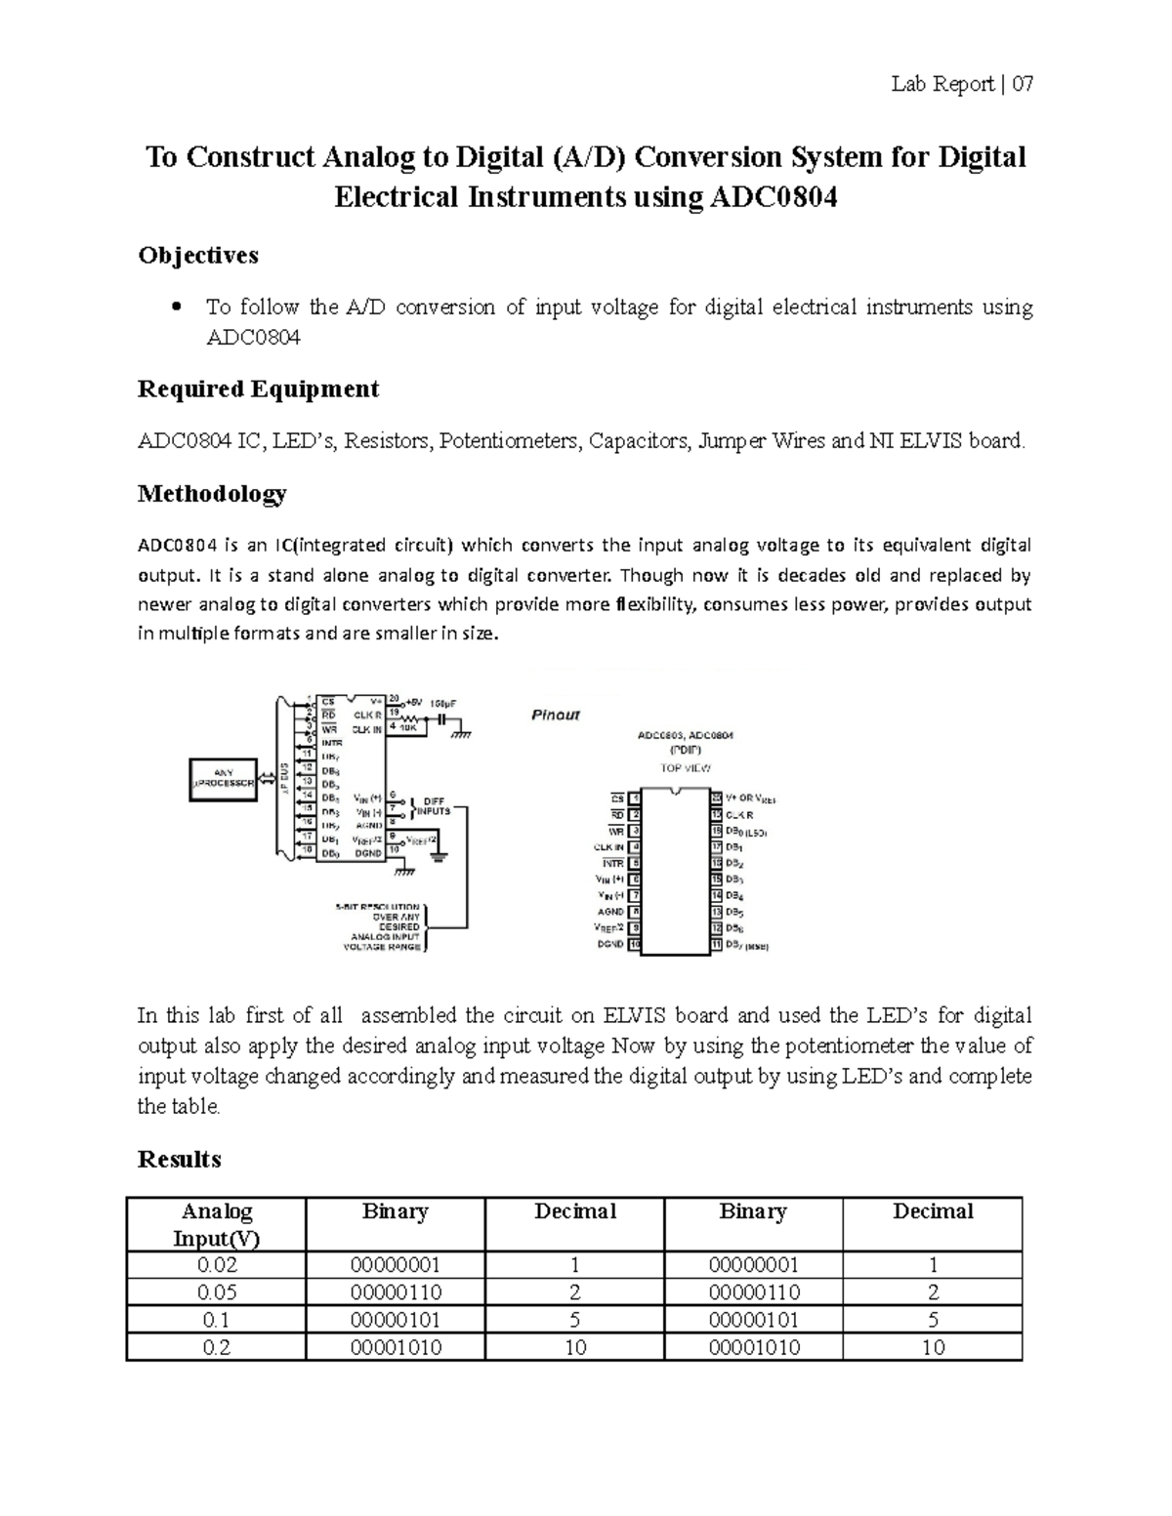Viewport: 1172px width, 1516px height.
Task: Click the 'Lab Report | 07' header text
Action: coord(961,85)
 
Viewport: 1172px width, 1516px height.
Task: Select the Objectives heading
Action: coord(198,256)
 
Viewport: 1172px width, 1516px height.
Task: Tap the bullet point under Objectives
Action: coord(176,307)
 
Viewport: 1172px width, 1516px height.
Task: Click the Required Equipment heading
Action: coord(258,389)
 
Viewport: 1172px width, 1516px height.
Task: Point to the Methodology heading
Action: coord(212,494)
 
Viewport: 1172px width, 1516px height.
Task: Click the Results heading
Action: coord(180,1160)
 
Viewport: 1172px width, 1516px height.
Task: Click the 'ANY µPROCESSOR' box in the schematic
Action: coord(224,778)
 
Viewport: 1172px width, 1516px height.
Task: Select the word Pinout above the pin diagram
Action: coord(556,716)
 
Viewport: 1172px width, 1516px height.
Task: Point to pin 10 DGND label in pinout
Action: coord(610,944)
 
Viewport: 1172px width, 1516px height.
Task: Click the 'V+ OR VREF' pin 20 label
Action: coord(750,799)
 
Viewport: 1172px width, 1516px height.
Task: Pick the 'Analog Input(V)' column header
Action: coord(217,1224)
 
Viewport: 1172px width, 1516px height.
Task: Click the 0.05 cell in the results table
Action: coord(217,1292)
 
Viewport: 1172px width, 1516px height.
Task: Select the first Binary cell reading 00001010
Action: coord(396,1347)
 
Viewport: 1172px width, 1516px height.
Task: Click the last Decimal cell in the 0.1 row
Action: coord(933,1320)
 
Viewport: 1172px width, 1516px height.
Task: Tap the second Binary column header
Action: coord(753,1211)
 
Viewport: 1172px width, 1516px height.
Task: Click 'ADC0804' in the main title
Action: coord(774,198)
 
